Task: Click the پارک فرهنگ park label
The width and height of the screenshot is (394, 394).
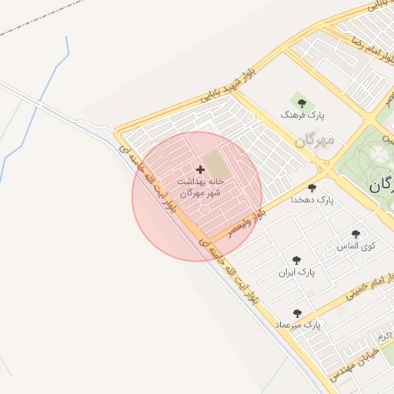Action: [302, 115]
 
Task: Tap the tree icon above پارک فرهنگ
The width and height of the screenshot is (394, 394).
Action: [301, 102]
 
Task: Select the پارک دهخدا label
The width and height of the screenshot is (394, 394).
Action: [312, 199]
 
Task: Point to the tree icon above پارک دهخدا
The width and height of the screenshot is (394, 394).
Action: [312, 188]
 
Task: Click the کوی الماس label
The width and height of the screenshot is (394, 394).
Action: [356, 245]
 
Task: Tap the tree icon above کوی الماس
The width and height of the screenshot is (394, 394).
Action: [355, 234]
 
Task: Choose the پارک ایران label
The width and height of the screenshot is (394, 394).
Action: [297, 272]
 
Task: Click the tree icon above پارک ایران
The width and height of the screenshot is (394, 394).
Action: [296, 261]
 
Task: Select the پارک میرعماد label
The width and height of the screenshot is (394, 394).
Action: [298, 326]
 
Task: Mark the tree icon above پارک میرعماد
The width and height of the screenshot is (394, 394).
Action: [297, 313]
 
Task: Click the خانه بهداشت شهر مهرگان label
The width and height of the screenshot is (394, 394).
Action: [199, 186]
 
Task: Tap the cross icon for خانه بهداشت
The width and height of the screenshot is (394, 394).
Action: [201, 169]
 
